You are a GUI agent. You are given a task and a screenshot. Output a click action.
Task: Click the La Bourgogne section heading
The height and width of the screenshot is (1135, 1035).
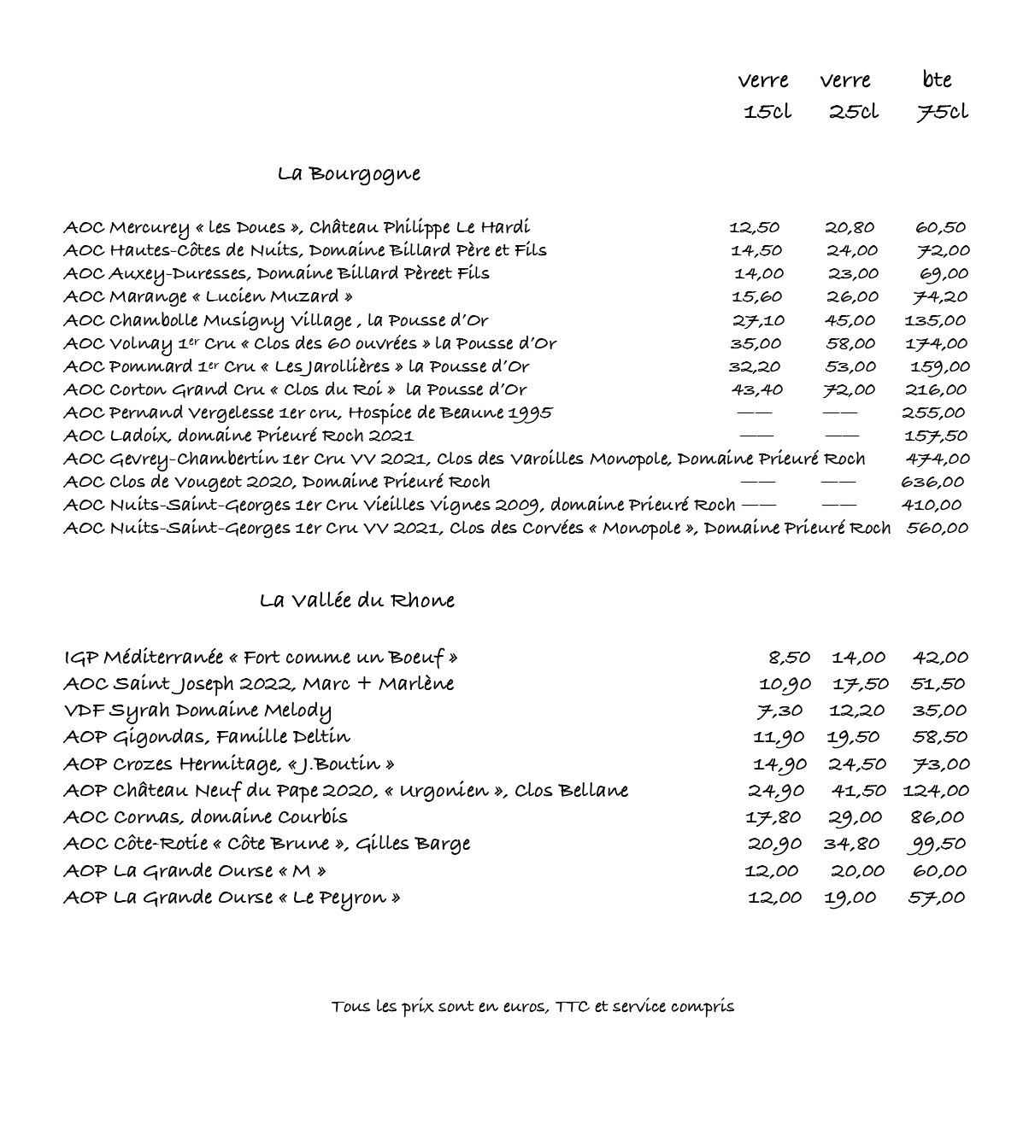[x=349, y=174]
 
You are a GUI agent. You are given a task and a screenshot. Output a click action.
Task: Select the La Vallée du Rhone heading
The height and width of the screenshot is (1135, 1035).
[x=356, y=600]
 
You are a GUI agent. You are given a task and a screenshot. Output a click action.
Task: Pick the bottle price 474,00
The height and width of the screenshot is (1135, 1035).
[x=937, y=459]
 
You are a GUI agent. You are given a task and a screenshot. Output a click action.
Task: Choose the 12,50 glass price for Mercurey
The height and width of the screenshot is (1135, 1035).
[x=754, y=227]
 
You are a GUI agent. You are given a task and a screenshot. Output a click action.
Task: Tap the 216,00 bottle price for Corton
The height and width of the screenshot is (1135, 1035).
[x=935, y=389]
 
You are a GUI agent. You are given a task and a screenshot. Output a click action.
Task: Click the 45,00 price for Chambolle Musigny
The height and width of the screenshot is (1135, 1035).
[x=850, y=320]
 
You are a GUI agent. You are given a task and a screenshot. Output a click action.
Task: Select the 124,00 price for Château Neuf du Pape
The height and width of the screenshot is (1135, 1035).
[x=936, y=791]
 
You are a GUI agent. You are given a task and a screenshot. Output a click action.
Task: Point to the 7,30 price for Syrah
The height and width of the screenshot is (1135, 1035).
[x=779, y=711]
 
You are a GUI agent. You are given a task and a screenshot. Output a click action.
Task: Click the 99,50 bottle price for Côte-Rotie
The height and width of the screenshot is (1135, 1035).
[x=937, y=844]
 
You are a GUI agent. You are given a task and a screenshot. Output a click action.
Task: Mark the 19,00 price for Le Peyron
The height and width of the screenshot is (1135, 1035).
[x=850, y=898]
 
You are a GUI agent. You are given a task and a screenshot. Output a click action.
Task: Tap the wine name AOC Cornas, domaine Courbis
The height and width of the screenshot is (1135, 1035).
[x=205, y=817]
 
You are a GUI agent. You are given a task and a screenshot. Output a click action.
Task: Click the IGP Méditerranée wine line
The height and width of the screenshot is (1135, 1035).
[x=261, y=658]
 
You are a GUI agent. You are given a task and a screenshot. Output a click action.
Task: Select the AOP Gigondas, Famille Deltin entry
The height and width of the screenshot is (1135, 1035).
[x=206, y=737]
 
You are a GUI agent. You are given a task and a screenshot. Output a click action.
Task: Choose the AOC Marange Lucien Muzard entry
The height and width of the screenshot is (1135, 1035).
[x=208, y=297]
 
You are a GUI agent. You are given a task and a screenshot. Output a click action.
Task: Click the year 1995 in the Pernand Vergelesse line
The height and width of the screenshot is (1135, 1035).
[x=531, y=413]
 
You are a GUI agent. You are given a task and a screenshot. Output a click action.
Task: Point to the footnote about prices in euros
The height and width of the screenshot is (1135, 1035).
[x=532, y=1006]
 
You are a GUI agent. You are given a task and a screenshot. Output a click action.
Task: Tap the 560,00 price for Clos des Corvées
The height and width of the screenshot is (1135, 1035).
[x=937, y=528]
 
